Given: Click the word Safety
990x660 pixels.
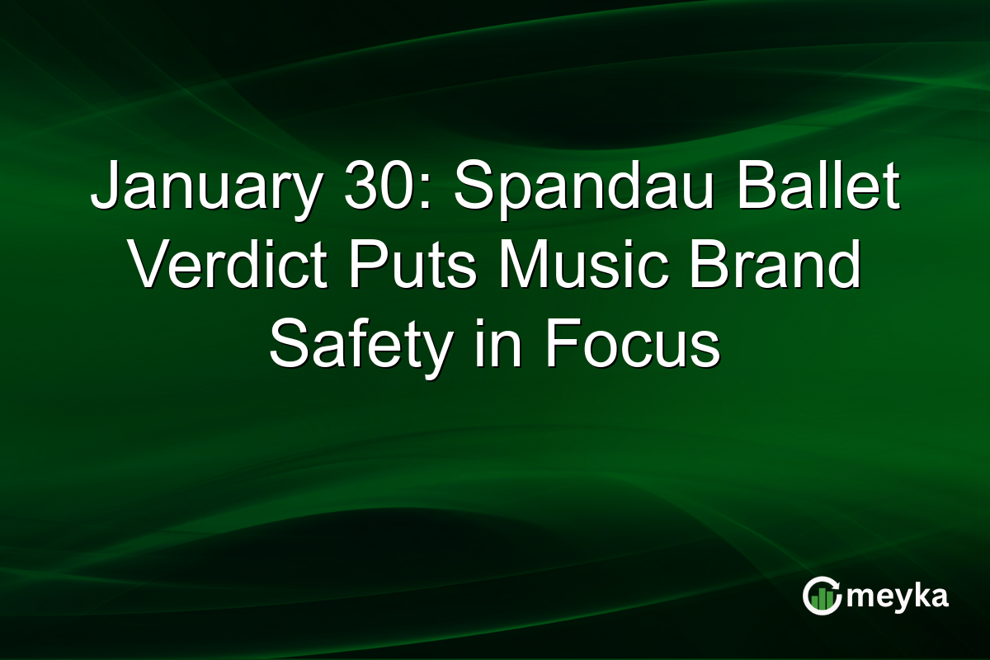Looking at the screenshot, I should pyautogui.click(x=360, y=347).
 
